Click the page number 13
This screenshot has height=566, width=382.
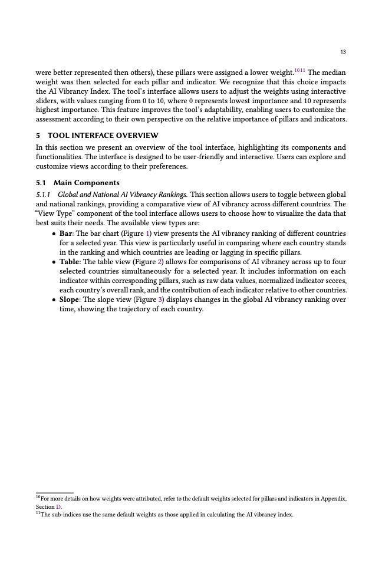pos(343,52)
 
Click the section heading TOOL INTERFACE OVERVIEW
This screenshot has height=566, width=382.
pos(103,136)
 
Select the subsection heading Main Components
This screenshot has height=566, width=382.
pos(86,183)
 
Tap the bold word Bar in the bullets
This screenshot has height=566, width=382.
pos(65,233)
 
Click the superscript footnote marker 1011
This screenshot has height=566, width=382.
pos(299,70)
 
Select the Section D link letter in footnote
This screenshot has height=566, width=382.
pos(58,507)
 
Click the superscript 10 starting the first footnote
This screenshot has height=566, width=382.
pos(38,498)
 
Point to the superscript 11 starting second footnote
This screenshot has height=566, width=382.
pos(38,514)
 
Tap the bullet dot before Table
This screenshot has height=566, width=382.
pos(54,262)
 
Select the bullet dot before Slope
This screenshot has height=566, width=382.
pos(54,300)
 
